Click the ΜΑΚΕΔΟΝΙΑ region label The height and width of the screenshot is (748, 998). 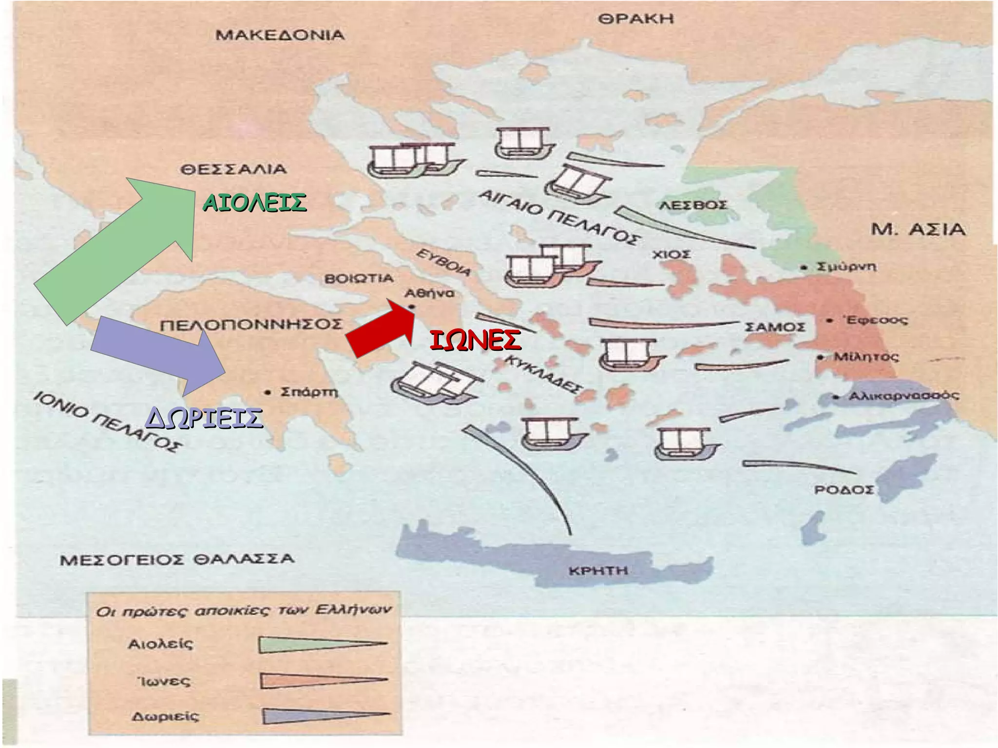(280, 36)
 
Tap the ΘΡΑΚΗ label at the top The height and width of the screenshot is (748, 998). (636, 19)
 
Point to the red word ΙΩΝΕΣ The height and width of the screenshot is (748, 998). (475, 340)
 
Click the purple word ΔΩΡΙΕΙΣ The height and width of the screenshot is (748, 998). (204, 418)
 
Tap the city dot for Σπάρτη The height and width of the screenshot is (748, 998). (267, 392)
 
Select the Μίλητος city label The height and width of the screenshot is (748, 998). (865, 356)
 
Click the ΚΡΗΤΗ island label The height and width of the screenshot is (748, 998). (598, 571)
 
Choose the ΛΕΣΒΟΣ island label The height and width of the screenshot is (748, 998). (692, 205)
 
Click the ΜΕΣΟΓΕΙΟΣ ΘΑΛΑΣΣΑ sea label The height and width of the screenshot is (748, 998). (177, 559)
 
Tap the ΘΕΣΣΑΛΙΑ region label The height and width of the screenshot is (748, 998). (233, 170)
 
